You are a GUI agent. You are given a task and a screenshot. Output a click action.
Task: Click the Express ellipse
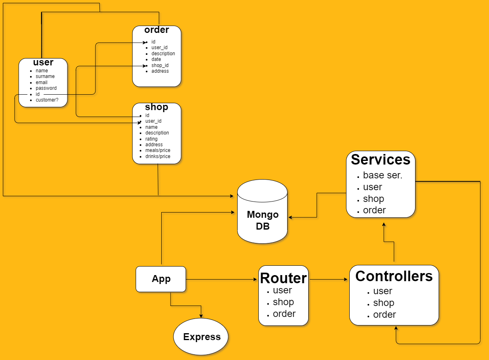(x=201, y=336)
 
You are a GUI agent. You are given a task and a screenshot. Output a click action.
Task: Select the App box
(x=161, y=279)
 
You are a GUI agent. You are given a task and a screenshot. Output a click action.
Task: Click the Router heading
(x=283, y=278)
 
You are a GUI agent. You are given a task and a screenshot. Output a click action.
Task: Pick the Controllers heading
(x=394, y=276)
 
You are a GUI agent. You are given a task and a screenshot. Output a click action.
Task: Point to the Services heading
(x=380, y=160)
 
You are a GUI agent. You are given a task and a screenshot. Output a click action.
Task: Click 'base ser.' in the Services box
(x=383, y=175)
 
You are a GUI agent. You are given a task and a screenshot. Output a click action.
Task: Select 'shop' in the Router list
(x=283, y=302)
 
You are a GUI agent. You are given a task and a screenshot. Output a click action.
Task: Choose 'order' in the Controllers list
(x=384, y=314)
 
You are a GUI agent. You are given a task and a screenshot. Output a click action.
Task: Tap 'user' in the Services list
(x=372, y=187)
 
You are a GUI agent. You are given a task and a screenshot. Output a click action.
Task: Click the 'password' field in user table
(x=46, y=88)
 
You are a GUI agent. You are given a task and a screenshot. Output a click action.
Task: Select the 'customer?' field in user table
(x=47, y=100)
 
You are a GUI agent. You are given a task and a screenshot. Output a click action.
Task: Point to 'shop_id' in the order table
(x=160, y=65)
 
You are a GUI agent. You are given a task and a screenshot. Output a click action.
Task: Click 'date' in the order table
(x=156, y=59)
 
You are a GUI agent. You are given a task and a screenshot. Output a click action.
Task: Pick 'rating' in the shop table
(x=151, y=139)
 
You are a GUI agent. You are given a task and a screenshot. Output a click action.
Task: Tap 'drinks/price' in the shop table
(x=158, y=156)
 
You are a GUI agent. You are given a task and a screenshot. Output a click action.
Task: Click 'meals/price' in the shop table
(x=158, y=150)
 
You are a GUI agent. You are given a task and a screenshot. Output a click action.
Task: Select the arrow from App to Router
(x=221, y=279)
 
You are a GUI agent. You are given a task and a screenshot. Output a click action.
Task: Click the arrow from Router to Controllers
(x=328, y=279)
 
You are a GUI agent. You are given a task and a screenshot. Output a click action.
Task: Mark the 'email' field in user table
(x=41, y=82)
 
